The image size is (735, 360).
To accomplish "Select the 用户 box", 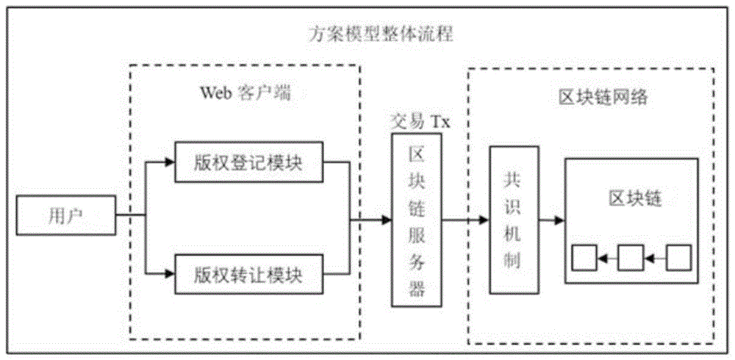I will pos(66,216).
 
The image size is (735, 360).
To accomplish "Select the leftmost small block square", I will pos(586,258).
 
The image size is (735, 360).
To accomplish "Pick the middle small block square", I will pos(631,258).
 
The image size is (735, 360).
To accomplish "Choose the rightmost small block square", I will pos(678,258).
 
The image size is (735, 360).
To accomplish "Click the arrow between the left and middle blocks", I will pos(608,258).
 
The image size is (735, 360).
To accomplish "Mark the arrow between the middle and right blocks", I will pos(654,258).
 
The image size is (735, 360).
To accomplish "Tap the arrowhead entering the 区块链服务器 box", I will pos(387,219).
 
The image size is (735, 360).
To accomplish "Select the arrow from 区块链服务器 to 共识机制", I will pos(466,219).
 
